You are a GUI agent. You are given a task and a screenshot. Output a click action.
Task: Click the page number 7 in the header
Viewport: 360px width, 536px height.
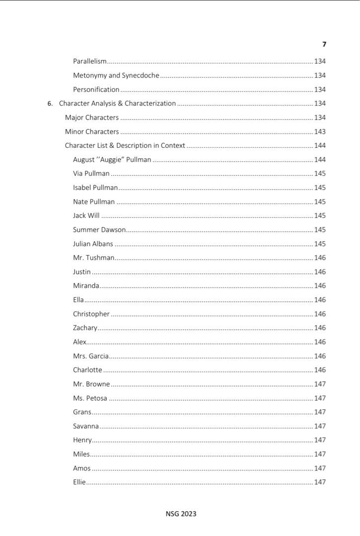coord(324,44)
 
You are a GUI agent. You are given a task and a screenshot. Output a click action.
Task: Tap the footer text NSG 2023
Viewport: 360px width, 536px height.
coord(181,514)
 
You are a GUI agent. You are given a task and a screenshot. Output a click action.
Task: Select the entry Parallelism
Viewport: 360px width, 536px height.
coord(90,62)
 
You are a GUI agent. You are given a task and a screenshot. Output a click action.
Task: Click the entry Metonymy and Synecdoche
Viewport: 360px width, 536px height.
coord(116,75)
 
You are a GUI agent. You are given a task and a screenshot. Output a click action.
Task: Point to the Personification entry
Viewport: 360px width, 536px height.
coord(96,89)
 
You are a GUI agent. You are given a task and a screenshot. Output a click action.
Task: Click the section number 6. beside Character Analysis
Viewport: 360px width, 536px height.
coord(50,104)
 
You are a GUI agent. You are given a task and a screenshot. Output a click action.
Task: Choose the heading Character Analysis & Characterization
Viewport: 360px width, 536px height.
coord(117,103)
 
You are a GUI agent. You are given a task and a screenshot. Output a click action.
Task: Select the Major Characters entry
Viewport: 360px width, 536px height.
coord(92,118)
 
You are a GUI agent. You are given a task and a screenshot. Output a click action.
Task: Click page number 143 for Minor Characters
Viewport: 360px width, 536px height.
coord(320,132)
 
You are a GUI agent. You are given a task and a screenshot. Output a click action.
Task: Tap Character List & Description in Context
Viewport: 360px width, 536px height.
coord(125,145)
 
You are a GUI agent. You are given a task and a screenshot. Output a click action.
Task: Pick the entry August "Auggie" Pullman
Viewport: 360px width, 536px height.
coord(112,160)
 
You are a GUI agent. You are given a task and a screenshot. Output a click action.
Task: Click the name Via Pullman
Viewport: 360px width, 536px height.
coord(91,174)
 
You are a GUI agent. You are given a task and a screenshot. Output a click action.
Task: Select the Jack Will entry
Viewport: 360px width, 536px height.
coord(86,216)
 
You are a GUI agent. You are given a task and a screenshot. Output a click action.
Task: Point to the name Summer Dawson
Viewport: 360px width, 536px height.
coord(99,230)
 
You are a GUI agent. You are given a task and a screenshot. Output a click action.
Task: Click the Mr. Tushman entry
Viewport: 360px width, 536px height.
coord(94,258)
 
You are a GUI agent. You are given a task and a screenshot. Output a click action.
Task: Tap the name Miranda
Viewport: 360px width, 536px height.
coord(86,286)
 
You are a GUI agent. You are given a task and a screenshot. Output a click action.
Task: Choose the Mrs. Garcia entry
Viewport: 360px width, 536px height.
coord(91,356)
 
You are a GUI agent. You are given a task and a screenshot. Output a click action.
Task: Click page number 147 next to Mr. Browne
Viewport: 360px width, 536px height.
coord(320,384)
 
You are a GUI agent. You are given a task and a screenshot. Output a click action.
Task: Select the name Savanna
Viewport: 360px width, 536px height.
coord(86,426)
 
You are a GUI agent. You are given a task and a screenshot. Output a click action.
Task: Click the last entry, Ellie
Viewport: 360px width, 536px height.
coord(79,482)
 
